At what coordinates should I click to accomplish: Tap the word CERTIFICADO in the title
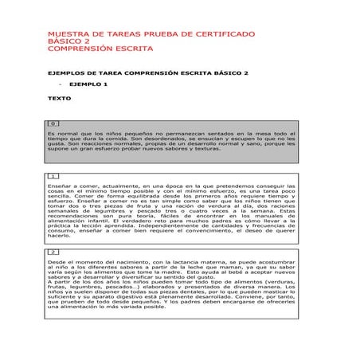(222, 35)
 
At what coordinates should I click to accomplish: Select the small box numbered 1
(53, 175)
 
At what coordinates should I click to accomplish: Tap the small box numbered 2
(53, 252)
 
